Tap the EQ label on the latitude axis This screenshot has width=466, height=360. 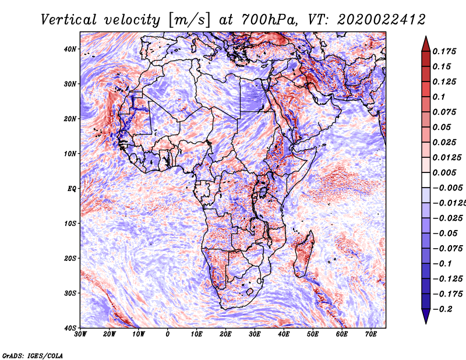click(x=72, y=189)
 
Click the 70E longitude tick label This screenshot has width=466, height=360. click(x=371, y=334)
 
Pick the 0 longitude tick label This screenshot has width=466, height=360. click(x=168, y=334)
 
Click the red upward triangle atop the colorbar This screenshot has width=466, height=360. click(x=426, y=43)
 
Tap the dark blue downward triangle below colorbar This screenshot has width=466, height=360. click(x=426, y=316)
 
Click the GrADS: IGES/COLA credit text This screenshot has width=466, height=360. click(x=32, y=355)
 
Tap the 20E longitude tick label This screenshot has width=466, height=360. click(x=225, y=334)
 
